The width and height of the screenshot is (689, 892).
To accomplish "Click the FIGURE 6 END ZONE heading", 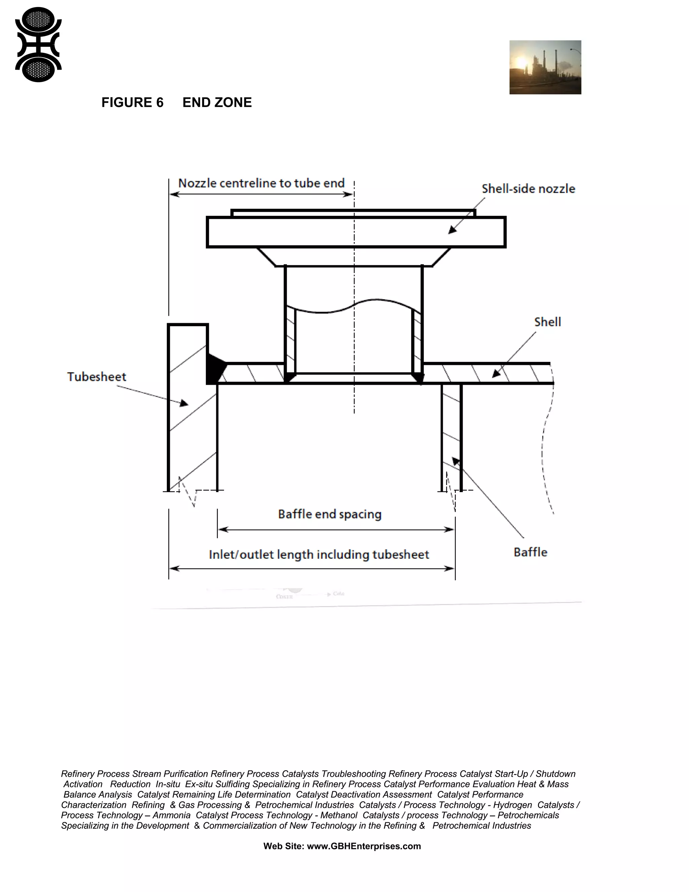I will point(176,103).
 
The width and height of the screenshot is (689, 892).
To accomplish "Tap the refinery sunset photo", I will point(545,67).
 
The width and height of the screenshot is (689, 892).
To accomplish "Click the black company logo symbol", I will point(38,44).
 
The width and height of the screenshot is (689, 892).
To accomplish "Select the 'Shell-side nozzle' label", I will point(528,189).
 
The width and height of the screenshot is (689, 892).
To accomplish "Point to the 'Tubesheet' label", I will point(97,377).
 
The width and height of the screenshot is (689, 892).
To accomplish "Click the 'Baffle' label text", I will point(530,552).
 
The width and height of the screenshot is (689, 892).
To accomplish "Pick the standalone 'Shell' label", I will point(547,322).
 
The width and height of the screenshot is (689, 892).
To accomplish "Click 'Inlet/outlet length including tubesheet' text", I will point(319,554).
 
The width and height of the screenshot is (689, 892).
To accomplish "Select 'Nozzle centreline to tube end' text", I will point(261,183).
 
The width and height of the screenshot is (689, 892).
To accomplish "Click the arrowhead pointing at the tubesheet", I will point(184,403).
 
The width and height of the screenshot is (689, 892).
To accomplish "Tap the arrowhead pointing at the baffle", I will point(456,461).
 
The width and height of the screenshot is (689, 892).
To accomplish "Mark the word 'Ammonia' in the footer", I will point(172,815).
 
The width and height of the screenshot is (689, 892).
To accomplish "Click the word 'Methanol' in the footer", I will point(339,815).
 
